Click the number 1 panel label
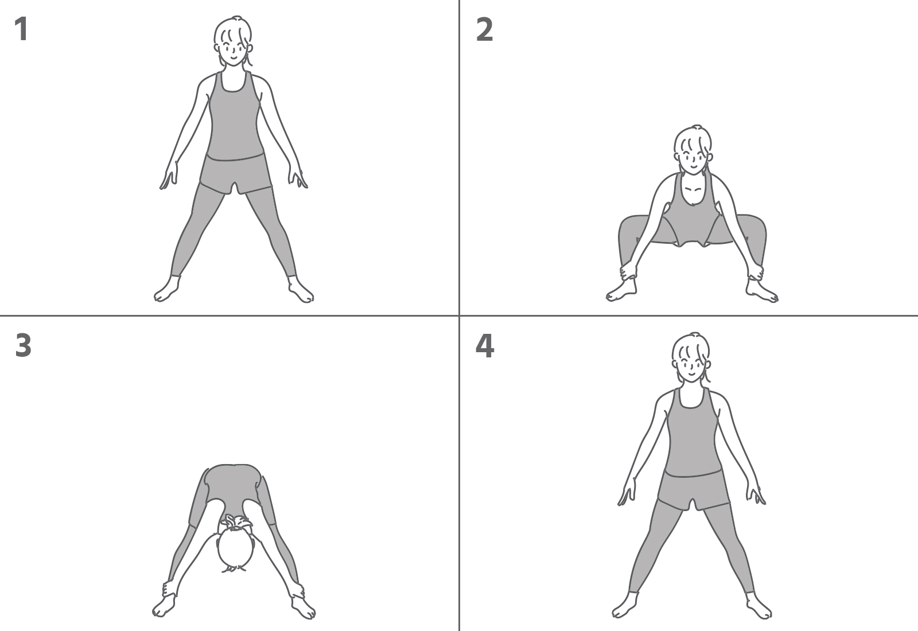[21, 29]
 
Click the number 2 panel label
[484, 29]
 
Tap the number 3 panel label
[23, 345]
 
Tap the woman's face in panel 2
[693, 158]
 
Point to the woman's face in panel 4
[691, 365]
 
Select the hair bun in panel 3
[236, 523]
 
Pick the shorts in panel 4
[694, 490]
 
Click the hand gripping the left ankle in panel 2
[628, 271]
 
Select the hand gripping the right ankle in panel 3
[297, 590]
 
